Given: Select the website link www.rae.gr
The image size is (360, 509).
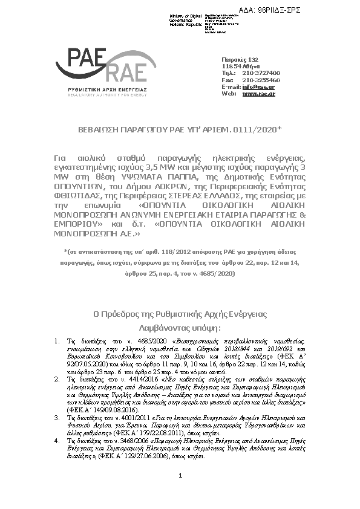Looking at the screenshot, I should pos(258,94).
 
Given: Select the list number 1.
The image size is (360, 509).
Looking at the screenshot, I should pos(56,341).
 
